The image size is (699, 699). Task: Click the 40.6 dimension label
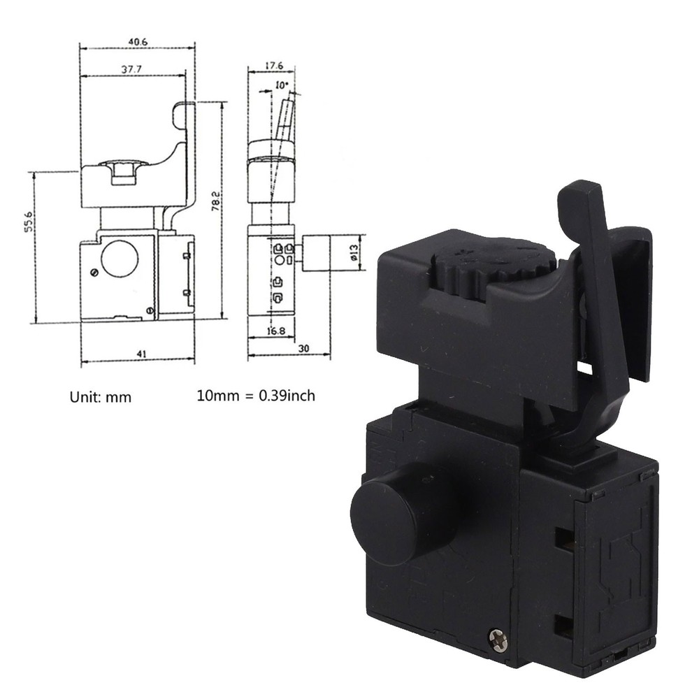[138, 42]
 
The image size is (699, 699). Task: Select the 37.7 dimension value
[133, 69]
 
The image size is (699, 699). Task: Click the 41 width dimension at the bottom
[140, 354]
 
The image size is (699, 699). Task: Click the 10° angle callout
[281, 85]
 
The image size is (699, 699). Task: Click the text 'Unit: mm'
[100, 396]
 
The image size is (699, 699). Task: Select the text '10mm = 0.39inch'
[256, 396]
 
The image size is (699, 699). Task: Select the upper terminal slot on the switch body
[563, 537]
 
